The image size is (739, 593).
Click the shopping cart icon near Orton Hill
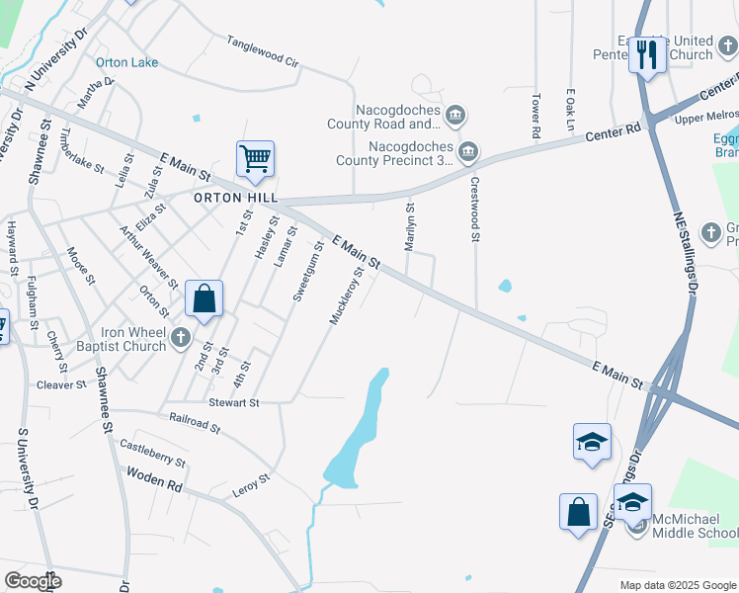click(x=255, y=158)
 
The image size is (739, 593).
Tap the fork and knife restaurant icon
click(x=646, y=53)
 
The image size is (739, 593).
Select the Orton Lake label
click(x=126, y=62)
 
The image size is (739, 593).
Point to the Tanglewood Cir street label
click(x=262, y=51)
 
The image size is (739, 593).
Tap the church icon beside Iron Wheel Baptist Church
click(x=180, y=339)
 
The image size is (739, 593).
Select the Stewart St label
click(x=233, y=403)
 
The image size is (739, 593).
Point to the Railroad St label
click(x=195, y=423)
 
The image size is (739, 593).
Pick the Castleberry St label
click(x=152, y=454)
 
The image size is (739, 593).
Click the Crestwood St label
click(x=475, y=210)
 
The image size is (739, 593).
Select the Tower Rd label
click(x=536, y=116)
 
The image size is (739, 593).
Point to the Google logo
click(x=33, y=581)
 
